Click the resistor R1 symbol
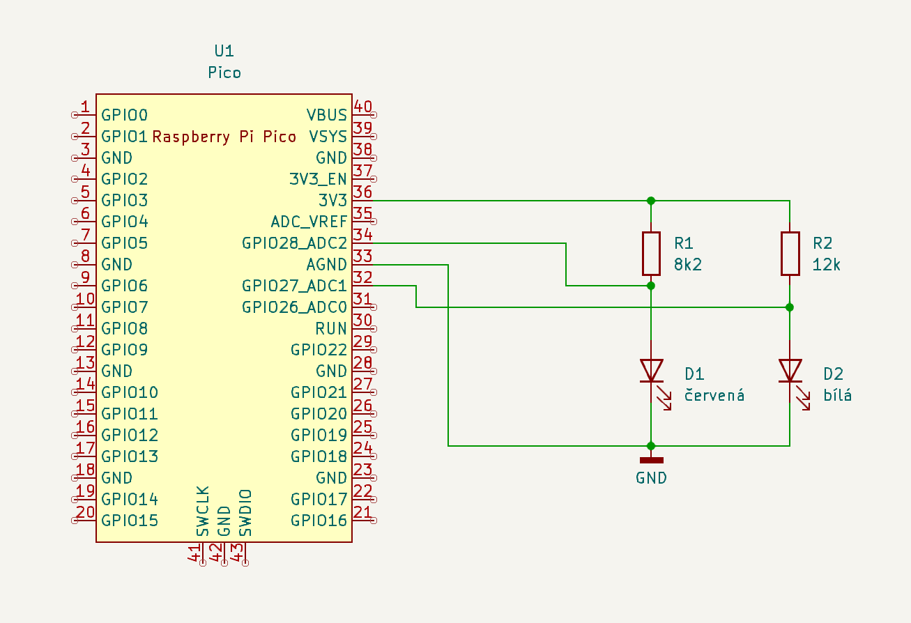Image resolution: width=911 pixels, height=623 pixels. tap(651, 254)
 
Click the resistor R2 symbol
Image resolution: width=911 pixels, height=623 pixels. tap(790, 254)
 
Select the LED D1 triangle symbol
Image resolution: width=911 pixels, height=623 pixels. tap(651, 370)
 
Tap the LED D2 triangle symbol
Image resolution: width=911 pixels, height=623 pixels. tap(790, 370)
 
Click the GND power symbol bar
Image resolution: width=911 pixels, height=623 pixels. tap(651, 460)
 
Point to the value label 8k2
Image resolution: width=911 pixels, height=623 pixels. tap(687, 265)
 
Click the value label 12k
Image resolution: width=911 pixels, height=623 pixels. tap(827, 265)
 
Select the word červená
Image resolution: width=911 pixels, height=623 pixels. tap(714, 395)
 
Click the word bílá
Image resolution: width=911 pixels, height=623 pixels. tap(838, 395)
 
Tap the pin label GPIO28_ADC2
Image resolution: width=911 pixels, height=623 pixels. tap(294, 243)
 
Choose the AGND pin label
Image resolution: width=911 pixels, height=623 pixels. tap(326, 265)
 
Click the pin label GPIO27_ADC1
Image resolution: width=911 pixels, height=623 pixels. tap(294, 286)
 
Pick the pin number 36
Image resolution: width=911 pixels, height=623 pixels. tap(362, 192)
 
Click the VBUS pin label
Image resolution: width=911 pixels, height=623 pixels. tap(326, 115)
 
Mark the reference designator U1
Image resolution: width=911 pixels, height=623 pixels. tap(224, 51)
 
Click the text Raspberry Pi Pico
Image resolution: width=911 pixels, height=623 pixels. tap(224, 137)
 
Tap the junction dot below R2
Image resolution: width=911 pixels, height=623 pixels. tap(790, 307)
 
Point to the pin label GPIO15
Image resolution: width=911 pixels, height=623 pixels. tap(130, 520)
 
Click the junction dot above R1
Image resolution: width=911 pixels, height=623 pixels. tap(651, 201)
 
